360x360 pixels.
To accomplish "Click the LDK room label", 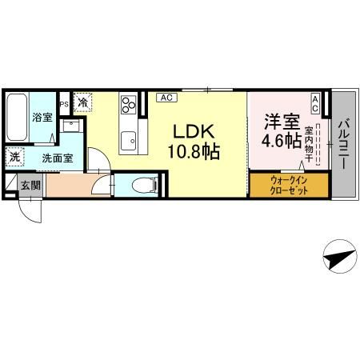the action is (194, 131).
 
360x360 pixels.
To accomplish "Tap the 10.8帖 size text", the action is (194, 151).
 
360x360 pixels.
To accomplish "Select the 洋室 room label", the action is (282, 122).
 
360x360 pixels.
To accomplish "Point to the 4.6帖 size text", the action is (282, 141).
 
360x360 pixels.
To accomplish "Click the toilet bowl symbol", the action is (144, 185).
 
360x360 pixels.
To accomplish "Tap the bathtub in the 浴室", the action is (17, 117).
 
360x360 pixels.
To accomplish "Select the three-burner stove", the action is (129, 105).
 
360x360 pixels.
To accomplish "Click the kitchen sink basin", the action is (128, 141).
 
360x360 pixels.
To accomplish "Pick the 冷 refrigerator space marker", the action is (82, 102).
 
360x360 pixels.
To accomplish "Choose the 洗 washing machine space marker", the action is (14, 157).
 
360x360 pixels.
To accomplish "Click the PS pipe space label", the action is (64, 104).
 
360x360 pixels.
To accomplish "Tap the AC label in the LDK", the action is (166, 98).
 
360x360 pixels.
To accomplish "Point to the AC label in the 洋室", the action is (315, 104).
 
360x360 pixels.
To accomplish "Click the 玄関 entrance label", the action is (30, 185).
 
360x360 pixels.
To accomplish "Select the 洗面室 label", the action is (58, 158).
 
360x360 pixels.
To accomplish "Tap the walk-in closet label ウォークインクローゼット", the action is (289, 186).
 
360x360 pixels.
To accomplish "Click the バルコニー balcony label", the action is (344, 144).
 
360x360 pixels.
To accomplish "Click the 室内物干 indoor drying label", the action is (309, 145).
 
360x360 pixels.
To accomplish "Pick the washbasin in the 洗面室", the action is (71, 126).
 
